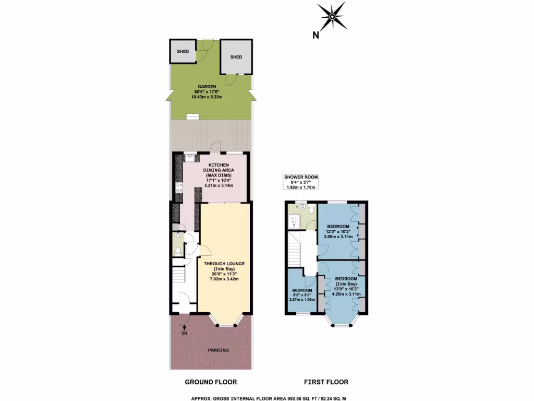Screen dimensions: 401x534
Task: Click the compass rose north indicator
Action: point(332,19)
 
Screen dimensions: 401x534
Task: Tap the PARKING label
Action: point(219,350)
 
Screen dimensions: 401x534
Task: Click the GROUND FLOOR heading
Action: point(211,382)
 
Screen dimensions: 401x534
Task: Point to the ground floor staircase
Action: point(179,275)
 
